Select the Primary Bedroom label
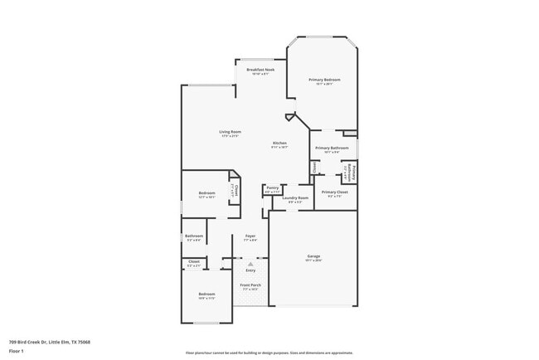click(324, 80)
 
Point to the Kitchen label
click(279, 144)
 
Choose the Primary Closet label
click(334, 192)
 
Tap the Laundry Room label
click(295, 197)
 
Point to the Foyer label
click(250, 236)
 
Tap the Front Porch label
click(250, 286)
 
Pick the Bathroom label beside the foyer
click(194, 236)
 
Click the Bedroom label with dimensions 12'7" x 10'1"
click(206, 193)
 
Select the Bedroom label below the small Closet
click(206, 294)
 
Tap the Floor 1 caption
click(17, 350)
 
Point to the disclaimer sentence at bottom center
click(269, 353)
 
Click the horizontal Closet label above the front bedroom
click(193, 262)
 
